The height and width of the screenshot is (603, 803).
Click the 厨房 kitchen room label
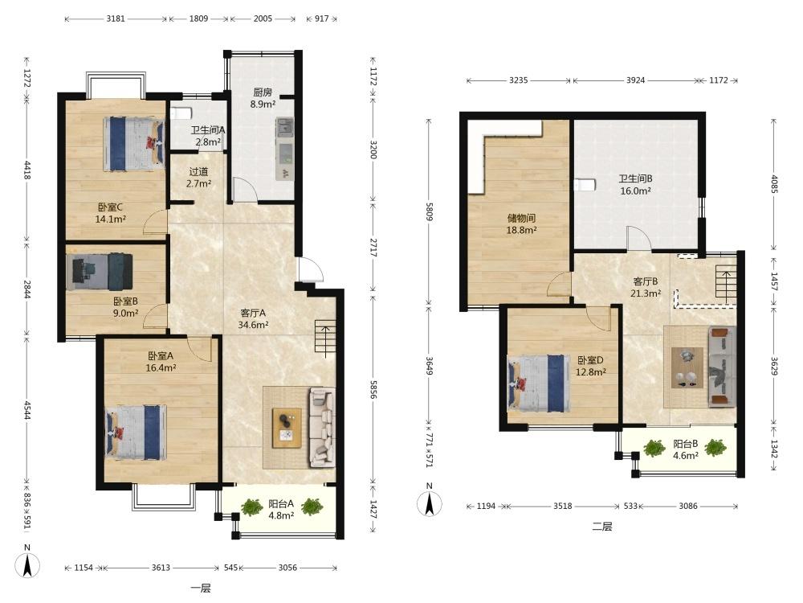[263, 92]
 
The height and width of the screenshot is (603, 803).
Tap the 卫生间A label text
[208, 130]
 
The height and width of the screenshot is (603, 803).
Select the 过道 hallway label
[198, 172]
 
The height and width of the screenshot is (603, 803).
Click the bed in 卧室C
[133, 144]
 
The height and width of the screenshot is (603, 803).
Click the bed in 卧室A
[136, 433]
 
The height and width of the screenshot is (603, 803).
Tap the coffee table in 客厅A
[287, 429]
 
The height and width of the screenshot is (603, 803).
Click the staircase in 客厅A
[325, 338]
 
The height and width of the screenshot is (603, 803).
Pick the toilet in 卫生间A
[180, 113]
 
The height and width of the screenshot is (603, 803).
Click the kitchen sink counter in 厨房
[285, 149]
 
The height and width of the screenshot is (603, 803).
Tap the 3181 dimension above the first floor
[116, 18]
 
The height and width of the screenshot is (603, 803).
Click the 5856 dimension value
[373, 390]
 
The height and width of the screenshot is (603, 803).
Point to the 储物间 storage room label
[521, 219]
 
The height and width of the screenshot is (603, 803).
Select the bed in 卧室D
[538, 383]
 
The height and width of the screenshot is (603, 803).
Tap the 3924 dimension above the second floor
[635, 80]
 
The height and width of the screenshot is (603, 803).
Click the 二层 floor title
[601, 527]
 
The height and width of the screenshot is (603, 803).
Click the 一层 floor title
[201, 589]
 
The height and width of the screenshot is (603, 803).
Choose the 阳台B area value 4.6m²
[686, 456]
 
